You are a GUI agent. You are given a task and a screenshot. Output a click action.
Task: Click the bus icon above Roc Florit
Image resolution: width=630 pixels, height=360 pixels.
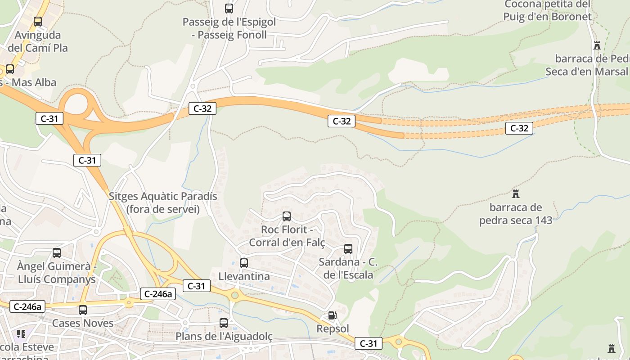pyautogui.click(x=287, y=216)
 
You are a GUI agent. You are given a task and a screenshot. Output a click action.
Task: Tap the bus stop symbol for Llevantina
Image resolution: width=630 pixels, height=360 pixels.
pyautogui.click(x=244, y=263)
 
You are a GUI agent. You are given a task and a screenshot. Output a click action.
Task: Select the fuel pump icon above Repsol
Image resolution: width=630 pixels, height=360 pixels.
pyautogui.click(x=332, y=315)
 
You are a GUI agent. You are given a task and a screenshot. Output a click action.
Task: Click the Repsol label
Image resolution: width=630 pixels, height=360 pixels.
pyautogui.click(x=333, y=329)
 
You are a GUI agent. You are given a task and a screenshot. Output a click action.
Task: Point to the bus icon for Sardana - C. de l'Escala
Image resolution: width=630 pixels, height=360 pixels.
pyautogui.click(x=348, y=249)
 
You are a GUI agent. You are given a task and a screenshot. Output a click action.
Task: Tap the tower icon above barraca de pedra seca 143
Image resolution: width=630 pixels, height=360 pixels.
pyautogui.click(x=516, y=194)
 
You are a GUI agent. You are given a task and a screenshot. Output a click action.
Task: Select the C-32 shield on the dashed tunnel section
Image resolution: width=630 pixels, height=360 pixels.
pyautogui.click(x=519, y=128)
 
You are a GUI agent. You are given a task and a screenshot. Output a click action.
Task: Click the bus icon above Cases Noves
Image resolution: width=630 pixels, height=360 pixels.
pyautogui.click(x=83, y=310)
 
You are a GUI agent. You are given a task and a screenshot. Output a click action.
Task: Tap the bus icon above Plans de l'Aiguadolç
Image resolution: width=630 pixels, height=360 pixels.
pyautogui.click(x=224, y=323)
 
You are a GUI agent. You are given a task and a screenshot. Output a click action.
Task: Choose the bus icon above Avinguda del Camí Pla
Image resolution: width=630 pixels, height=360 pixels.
pyautogui.click(x=38, y=21)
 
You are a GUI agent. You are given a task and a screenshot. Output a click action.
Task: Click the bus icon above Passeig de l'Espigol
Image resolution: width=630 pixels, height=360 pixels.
pyautogui.click(x=229, y=8)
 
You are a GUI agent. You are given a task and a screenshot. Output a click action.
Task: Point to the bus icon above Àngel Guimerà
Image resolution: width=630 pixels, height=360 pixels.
pyautogui.click(x=57, y=253)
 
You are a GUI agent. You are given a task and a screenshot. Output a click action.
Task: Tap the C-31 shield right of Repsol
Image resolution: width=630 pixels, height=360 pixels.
pyautogui.click(x=369, y=344)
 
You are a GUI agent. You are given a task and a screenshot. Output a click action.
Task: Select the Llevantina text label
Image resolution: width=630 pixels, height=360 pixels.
pyautogui.click(x=244, y=276)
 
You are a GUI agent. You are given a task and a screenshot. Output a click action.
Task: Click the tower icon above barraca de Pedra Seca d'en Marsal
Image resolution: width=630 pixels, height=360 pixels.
pyautogui.click(x=597, y=45)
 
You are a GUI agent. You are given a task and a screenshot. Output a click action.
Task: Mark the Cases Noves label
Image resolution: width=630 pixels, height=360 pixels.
pyautogui.click(x=83, y=323)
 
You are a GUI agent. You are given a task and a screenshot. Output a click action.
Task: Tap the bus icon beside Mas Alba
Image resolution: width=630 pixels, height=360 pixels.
pyautogui.click(x=10, y=69)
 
